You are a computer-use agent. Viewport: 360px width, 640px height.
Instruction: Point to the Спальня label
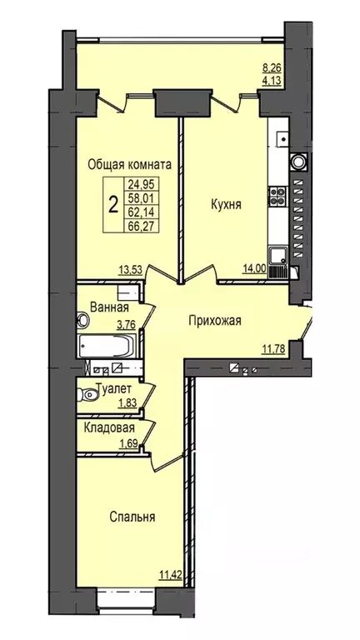[x=133, y=517]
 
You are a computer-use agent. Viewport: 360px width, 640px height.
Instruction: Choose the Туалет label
[x=114, y=387]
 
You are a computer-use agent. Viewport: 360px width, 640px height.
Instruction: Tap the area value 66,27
[x=141, y=225]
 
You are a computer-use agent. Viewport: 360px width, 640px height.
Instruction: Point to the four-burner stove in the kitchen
[x=277, y=197]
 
